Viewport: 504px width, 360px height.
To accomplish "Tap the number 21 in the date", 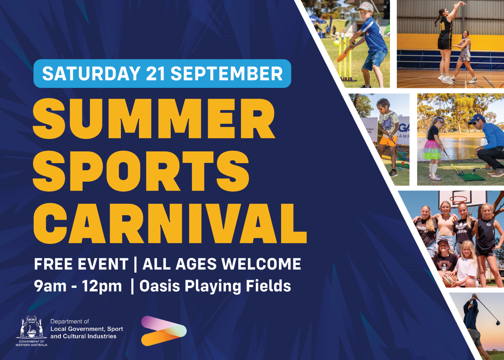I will click(156, 74).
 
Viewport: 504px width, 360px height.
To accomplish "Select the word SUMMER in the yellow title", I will click(154, 119).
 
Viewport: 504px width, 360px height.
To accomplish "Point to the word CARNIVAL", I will click(170, 223).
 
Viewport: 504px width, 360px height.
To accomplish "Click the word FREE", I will click(53, 264).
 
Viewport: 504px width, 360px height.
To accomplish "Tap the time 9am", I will click(50, 286).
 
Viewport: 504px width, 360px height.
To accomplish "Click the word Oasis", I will click(159, 286).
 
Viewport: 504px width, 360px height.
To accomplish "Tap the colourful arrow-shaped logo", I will click(163, 331).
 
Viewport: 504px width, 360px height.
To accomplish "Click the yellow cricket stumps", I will click(346, 59).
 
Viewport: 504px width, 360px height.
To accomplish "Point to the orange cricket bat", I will click(345, 53).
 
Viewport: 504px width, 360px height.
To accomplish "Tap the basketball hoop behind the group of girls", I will click(459, 200).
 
